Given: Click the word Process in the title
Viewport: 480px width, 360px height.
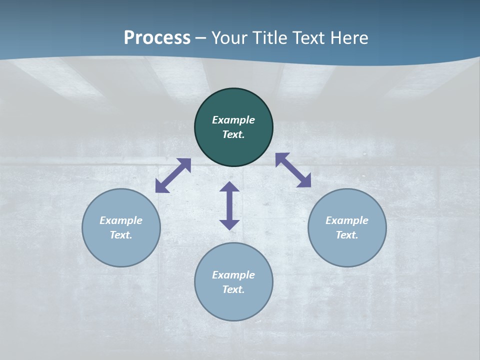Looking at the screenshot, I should [x=157, y=38].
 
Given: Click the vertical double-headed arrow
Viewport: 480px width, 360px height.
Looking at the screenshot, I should [x=229, y=205].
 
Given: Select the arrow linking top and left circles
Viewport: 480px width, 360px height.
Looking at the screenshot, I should [x=173, y=175].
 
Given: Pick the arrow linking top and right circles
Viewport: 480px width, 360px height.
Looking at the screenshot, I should [x=293, y=170].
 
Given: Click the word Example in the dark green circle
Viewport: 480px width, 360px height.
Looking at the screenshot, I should [x=233, y=120].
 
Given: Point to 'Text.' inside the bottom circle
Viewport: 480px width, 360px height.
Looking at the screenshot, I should [x=233, y=289].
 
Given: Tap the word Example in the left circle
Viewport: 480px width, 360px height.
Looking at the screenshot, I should [x=121, y=220].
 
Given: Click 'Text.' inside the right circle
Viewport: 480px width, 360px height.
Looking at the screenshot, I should [x=347, y=235].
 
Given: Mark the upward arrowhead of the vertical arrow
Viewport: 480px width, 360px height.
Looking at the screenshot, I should [x=229, y=187].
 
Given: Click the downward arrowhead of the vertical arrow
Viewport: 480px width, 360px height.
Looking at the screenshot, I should [x=229, y=224].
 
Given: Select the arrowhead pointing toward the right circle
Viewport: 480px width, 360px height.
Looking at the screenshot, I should [x=304, y=181].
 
